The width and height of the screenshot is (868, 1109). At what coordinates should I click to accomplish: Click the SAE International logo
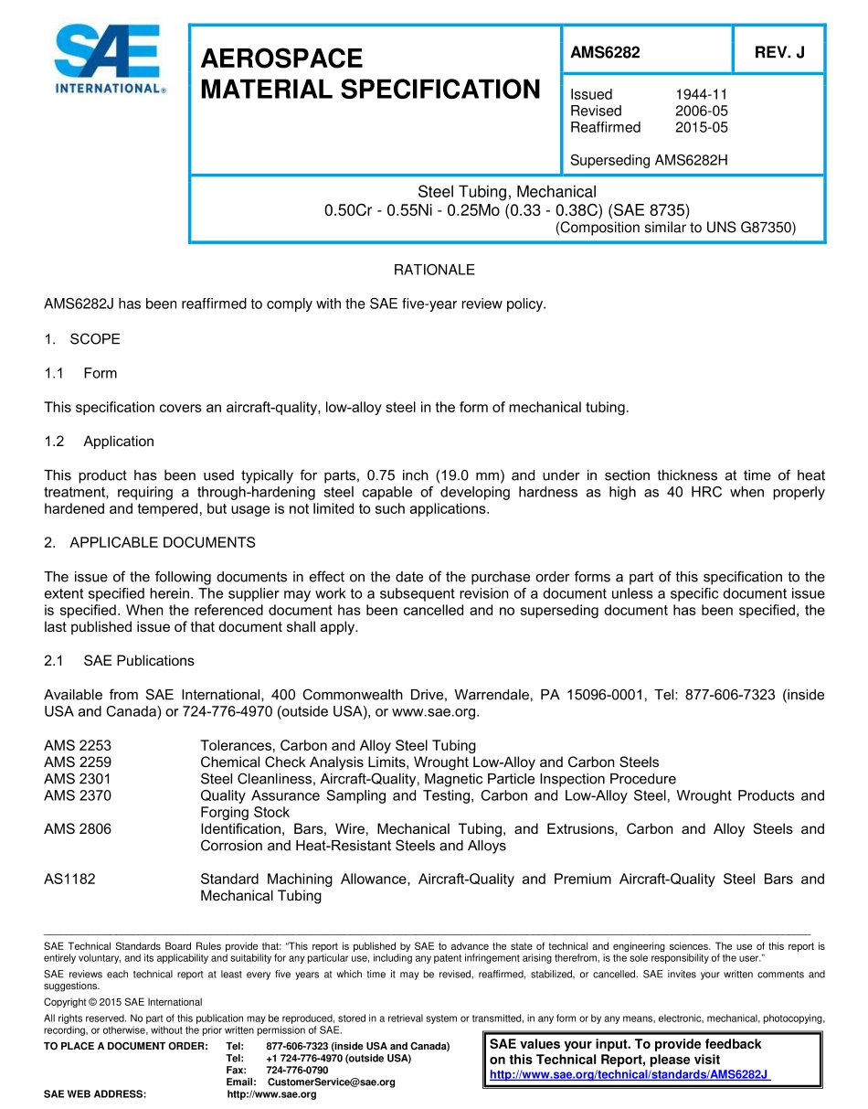click(107, 59)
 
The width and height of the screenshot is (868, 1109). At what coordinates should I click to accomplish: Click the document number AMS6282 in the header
click(605, 53)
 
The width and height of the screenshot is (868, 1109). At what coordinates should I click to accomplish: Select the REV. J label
click(779, 53)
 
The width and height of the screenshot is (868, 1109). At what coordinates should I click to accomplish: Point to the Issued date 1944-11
click(702, 94)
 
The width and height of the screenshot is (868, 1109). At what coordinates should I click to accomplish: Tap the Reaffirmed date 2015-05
click(702, 127)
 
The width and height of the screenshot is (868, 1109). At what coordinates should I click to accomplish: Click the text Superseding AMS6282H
click(649, 161)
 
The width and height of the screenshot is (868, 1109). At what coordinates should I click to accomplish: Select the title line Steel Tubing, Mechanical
click(507, 192)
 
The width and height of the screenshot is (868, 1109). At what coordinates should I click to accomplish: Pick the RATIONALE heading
click(434, 270)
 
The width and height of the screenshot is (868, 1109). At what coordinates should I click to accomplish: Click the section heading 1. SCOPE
click(82, 339)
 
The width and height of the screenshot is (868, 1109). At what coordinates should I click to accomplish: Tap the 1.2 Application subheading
click(100, 442)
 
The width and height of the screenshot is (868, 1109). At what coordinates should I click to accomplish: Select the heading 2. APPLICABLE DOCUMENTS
click(150, 543)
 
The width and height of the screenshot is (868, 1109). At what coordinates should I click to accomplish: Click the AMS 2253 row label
click(78, 746)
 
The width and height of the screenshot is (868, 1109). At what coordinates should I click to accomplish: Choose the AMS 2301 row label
click(78, 779)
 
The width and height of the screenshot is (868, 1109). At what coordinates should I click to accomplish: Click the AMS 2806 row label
click(78, 829)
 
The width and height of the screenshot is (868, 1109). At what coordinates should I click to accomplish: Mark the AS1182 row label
click(69, 880)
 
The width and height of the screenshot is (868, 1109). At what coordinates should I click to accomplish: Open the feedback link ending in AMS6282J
click(630, 1074)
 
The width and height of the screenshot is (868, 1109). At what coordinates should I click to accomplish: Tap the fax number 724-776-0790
click(297, 1070)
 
